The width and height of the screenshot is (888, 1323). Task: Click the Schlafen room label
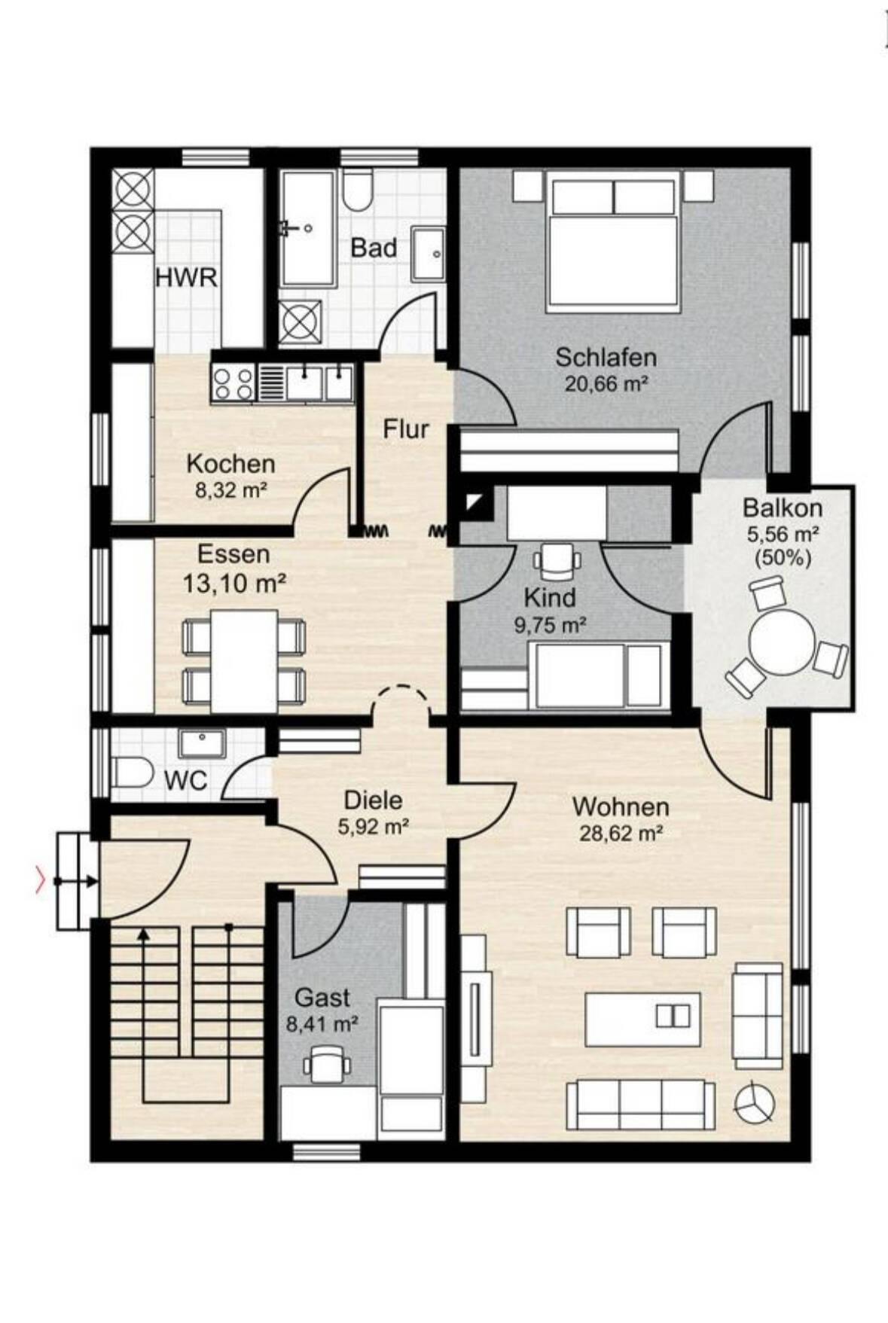tap(606, 356)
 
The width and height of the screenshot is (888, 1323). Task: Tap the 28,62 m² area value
tap(621, 834)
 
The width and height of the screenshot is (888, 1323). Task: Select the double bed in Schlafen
tap(614, 240)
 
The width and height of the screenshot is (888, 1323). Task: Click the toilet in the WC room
tap(133, 773)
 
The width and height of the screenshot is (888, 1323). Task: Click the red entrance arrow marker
tap(40, 880)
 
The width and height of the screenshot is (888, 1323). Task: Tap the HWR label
tap(186, 278)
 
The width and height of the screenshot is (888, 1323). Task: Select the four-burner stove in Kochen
tap(233, 383)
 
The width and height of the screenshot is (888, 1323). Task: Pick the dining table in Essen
tap(245, 660)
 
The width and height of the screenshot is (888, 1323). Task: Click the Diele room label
tap(373, 800)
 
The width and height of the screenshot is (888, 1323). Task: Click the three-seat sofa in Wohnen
tap(640, 1105)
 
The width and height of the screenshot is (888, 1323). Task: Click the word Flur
tap(406, 429)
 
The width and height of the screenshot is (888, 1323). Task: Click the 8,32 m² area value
tap(231, 491)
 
